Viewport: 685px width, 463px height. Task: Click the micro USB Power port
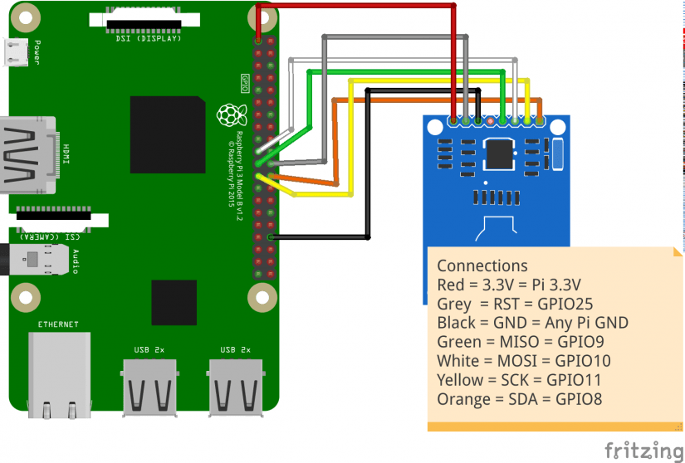[16, 52]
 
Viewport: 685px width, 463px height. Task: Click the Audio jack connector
[33, 260]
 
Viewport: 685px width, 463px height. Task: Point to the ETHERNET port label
[57, 324]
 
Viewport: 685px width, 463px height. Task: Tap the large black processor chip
[167, 134]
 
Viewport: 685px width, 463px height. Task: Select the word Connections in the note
[482, 266]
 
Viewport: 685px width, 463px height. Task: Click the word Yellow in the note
[459, 380]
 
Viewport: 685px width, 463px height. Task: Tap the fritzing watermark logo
[643, 450]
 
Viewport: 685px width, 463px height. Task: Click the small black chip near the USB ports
[174, 304]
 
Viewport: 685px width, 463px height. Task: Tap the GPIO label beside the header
[245, 83]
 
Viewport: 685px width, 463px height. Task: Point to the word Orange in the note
[462, 399]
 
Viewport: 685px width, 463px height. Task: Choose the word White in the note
[457, 361]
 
